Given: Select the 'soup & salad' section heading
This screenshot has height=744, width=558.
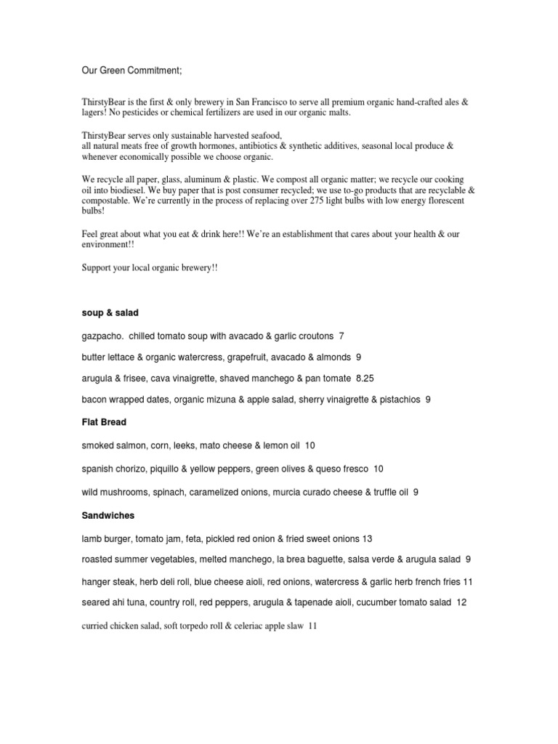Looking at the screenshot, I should [x=110, y=312].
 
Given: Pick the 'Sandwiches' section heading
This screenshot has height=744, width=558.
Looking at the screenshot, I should [x=108, y=515].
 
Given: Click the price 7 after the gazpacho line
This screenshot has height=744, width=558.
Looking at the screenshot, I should [x=341, y=336].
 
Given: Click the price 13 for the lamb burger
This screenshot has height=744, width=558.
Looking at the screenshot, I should [x=367, y=538].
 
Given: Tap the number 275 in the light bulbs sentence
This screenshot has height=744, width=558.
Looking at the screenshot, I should [x=326, y=200].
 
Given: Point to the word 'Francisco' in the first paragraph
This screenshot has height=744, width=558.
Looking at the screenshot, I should [x=312, y=102].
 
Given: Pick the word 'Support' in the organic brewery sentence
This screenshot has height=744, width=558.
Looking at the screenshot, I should [x=98, y=268].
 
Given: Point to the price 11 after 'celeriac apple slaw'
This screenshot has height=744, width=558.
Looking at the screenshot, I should [x=313, y=626].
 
